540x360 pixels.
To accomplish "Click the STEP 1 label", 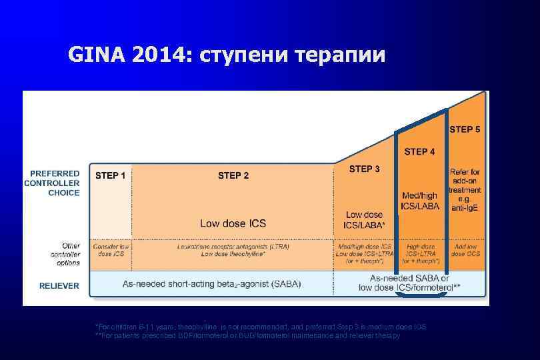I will [x=111, y=176].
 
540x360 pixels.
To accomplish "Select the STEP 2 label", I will [x=233, y=176].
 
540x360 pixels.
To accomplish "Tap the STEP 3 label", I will [x=365, y=169].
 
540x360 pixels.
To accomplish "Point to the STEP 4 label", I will [x=419, y=152].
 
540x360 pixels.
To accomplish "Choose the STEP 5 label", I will [x=465, y=129].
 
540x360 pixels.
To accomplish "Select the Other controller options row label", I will [x=65, y=254].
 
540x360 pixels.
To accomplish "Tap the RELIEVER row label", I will [x=59, y=285].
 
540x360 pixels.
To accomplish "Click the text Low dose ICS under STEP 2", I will [x=233, y=223].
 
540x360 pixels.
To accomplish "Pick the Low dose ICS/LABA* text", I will [x=364, y=220].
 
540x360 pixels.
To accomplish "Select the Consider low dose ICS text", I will [x=111, y=250].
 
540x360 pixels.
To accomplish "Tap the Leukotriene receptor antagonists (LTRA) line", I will [x=233, y=246].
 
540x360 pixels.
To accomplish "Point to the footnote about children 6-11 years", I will [x=261, y=327].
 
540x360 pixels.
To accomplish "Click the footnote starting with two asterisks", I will [x=247, y=335].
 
